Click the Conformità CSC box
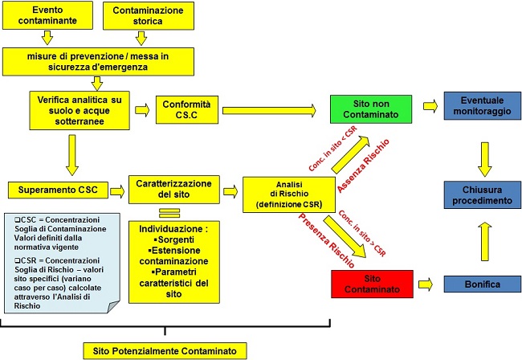[x=186, y=109]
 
